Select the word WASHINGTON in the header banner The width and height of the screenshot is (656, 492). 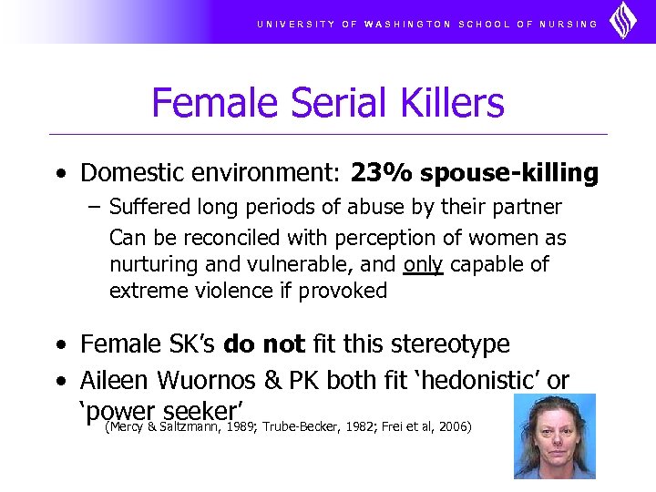tap(407, 24)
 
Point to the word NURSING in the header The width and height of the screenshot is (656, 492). tap(569, 24)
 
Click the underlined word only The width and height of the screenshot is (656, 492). tap(422, 265)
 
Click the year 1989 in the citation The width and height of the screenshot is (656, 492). tap(241, 425)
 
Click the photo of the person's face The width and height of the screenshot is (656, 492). tap(553, 436)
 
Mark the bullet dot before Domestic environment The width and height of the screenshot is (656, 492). tap(59, 174)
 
